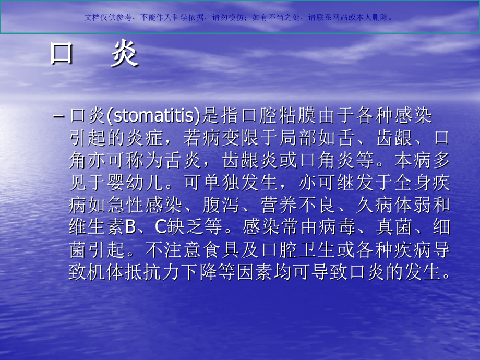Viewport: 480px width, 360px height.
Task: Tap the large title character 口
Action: click(61, 54)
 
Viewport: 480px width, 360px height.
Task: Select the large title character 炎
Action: click(124, 54)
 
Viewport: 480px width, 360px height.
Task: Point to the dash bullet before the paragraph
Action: click(58, 115)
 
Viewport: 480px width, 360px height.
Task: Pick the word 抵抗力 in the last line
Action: click(148, 272)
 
